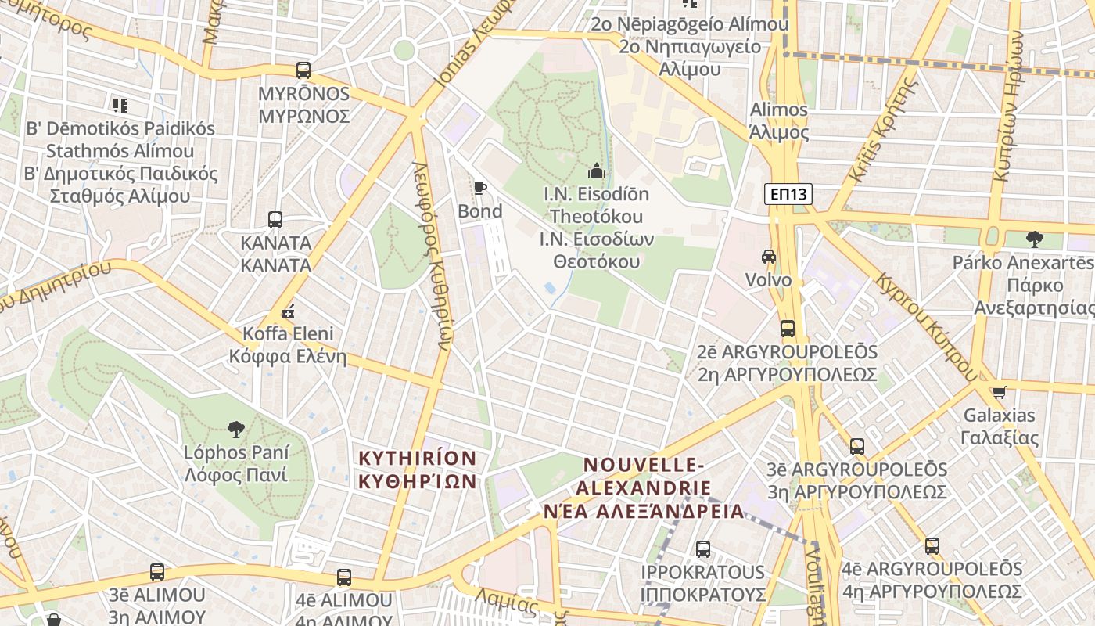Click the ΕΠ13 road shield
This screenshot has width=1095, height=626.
[x=788, y=194]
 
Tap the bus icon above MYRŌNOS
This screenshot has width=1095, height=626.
[x=303, y=70]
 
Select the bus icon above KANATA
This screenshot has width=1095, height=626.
[x=275, y=220]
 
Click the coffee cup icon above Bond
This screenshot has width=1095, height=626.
[x=479, y=189]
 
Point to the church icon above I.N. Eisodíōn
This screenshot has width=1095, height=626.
[x=597, y=169]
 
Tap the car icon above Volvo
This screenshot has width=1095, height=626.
[x=769, y=257]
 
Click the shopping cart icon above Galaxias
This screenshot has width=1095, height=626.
[x=999, y=392]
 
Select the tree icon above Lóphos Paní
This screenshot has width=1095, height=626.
[x=235, y=429]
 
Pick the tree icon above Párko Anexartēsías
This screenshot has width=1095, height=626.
[x=1034, y=239]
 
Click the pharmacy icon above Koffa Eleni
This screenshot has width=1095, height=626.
[x=288, y=311]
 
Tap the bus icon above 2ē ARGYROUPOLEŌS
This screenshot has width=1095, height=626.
[x=788, y=329]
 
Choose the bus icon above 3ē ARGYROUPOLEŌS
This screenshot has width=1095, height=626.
[x=857, y=447]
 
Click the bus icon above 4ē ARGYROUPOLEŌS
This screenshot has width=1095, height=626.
[x=932, y=546]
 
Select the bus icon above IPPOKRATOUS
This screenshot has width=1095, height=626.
[x=703, y=549]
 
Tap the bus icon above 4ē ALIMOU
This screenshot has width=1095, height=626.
[x=344, y=577]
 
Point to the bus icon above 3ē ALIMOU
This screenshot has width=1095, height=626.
[x=157, y=572]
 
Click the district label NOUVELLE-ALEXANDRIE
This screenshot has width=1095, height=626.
[x=644, y=488]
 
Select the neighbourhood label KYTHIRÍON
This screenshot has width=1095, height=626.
[x=418, y=469]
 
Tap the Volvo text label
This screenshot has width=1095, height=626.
[x=768, y=280]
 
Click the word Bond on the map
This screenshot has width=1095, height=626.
[x=479, y=211]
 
